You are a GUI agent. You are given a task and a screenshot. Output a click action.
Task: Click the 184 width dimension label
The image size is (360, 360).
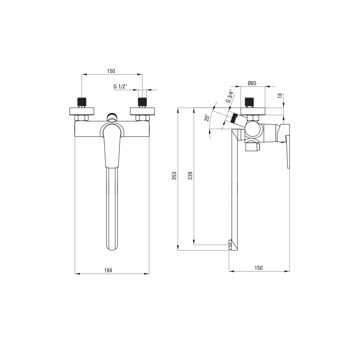(x=108, y=270)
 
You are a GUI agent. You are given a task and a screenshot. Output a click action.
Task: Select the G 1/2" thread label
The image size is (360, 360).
(x=120, y=86)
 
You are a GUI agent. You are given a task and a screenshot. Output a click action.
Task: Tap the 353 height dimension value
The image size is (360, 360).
(x=174, y=176)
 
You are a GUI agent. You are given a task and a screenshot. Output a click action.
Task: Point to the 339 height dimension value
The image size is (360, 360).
(x=190, y=176)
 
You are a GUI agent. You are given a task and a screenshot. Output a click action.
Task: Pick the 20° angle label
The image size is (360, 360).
(x=207, y=118)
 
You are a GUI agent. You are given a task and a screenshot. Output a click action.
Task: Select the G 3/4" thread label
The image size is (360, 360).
(x=229, y=96)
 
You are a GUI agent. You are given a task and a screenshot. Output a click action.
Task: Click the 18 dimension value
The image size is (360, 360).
(x=280, y=96)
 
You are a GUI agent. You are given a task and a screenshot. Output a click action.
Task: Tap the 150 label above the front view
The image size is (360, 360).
(x=111, y=71)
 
